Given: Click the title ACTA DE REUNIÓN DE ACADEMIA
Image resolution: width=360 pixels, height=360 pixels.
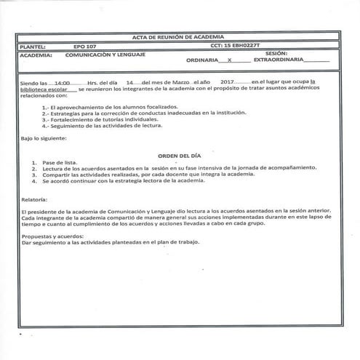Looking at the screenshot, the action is [180, 36].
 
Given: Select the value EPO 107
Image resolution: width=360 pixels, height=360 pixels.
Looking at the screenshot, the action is [85, 46].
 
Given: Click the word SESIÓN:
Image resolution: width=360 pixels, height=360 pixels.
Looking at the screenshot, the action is [276, 54].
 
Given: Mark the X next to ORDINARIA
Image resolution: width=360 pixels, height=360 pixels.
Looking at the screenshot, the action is [230, 60].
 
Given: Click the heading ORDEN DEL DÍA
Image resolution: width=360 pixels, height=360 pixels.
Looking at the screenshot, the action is [179, 155].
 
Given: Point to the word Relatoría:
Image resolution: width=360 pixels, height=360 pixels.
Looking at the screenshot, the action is [35, 199].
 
